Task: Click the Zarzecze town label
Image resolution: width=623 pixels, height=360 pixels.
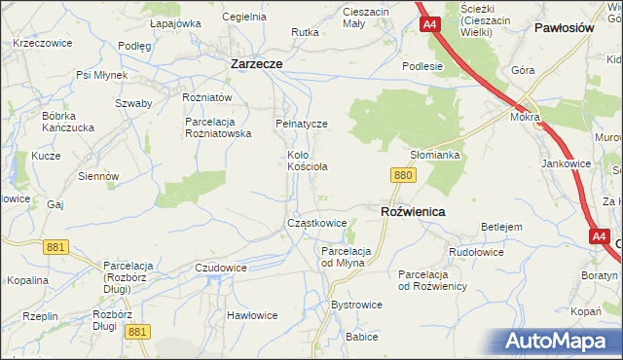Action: (256, 63)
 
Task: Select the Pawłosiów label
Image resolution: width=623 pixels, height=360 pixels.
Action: (565, 28)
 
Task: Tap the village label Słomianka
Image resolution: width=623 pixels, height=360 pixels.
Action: (434, 155)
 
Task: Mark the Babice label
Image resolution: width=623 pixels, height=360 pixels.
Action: (361, 337)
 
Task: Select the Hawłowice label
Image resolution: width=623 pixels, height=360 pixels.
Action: (252, 315)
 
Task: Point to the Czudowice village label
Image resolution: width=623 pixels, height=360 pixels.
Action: (221, 268)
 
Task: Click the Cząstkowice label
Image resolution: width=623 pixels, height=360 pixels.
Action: (316, 223)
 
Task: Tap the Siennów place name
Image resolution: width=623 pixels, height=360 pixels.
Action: (99, 176)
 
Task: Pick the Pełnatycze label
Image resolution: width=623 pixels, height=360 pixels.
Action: (301, 125)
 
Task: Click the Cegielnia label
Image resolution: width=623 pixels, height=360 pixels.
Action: (244, 17)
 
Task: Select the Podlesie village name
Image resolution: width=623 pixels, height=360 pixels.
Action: (422, 66)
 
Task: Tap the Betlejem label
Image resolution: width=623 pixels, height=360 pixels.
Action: (502, 227)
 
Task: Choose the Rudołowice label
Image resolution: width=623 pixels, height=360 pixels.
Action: (476, 252)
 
